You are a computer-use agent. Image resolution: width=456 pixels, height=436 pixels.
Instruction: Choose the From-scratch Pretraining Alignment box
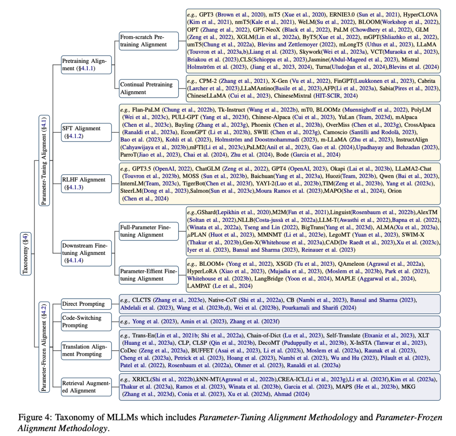pos(143,41)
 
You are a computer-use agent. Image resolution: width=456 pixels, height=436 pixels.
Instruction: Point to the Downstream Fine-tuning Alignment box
pos(84,253)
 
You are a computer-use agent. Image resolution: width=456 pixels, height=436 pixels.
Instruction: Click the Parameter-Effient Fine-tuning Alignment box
pos(147,275)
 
